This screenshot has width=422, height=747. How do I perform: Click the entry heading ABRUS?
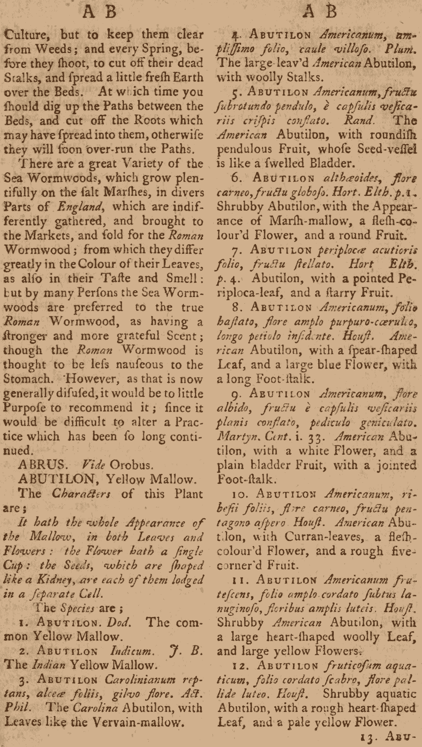41,465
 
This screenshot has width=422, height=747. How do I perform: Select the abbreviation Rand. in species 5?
358,120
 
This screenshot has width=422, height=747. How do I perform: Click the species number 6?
236,178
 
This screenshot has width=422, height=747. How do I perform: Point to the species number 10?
241,494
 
